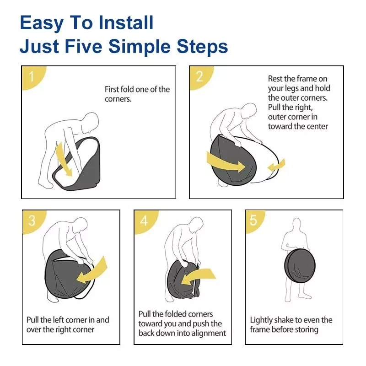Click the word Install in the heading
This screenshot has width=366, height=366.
[x=126, y=22]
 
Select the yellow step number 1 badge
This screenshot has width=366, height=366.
[x=33, y=77]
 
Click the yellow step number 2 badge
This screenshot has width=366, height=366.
[x=201, y=77]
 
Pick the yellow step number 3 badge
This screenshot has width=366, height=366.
[x=34, y=221]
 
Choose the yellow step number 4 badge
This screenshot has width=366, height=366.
[x=145, y=221]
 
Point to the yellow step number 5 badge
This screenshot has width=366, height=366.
[x=255, y=221]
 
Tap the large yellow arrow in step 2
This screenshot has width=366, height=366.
[x=225, y=161]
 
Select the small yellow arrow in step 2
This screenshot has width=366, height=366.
[x=277, y=165]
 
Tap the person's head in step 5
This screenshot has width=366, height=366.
[x=296, y=224]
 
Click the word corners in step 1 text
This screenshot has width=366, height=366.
[x=118, y=99]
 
